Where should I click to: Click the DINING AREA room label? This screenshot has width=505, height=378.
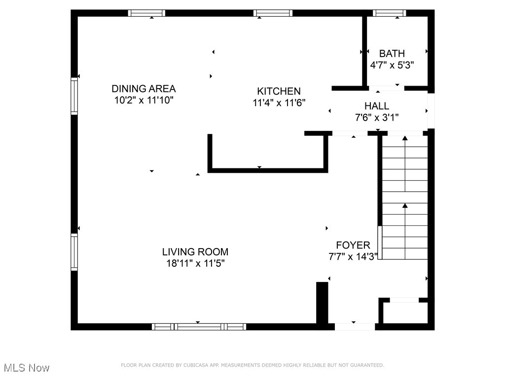point(144,89)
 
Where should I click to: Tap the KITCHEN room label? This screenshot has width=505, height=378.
point(279,91)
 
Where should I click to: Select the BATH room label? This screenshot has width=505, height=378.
point(392,54)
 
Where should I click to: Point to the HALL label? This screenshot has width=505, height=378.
point(377,106)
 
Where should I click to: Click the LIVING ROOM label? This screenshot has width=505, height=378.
point(195,252)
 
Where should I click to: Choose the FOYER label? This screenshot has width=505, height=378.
point(353,245)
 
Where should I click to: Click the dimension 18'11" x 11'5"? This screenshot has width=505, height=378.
point(195,263)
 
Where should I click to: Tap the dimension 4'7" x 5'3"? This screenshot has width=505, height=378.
point(392,65)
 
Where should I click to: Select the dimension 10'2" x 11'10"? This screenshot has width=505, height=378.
point(144,100)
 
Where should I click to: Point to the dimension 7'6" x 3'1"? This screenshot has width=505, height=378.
point(377,117)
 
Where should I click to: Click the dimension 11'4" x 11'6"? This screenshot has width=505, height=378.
point(279,103)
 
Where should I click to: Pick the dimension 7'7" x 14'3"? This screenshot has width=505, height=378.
point(353,256)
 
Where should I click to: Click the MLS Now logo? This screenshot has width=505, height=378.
point(27,368)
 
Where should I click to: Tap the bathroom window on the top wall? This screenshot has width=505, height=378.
point(389,13)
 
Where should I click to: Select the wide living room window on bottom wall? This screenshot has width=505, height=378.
point(199,326)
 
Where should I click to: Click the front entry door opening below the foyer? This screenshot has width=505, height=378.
point(355,326)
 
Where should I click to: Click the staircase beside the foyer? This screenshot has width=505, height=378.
point(405,197)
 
